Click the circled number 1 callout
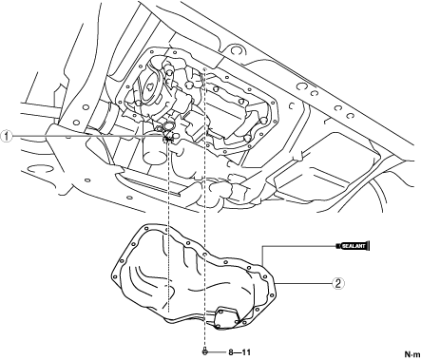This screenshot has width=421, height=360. pos(7,137)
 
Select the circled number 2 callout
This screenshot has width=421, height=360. pos(338,283)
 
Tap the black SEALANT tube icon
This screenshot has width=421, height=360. pos(354,245)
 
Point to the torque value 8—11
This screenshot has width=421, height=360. pos(239,352)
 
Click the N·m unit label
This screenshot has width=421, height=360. pos(411,353)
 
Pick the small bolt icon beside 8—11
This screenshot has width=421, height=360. pos(205,351)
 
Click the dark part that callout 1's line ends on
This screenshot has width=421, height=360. pos(167,139)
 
